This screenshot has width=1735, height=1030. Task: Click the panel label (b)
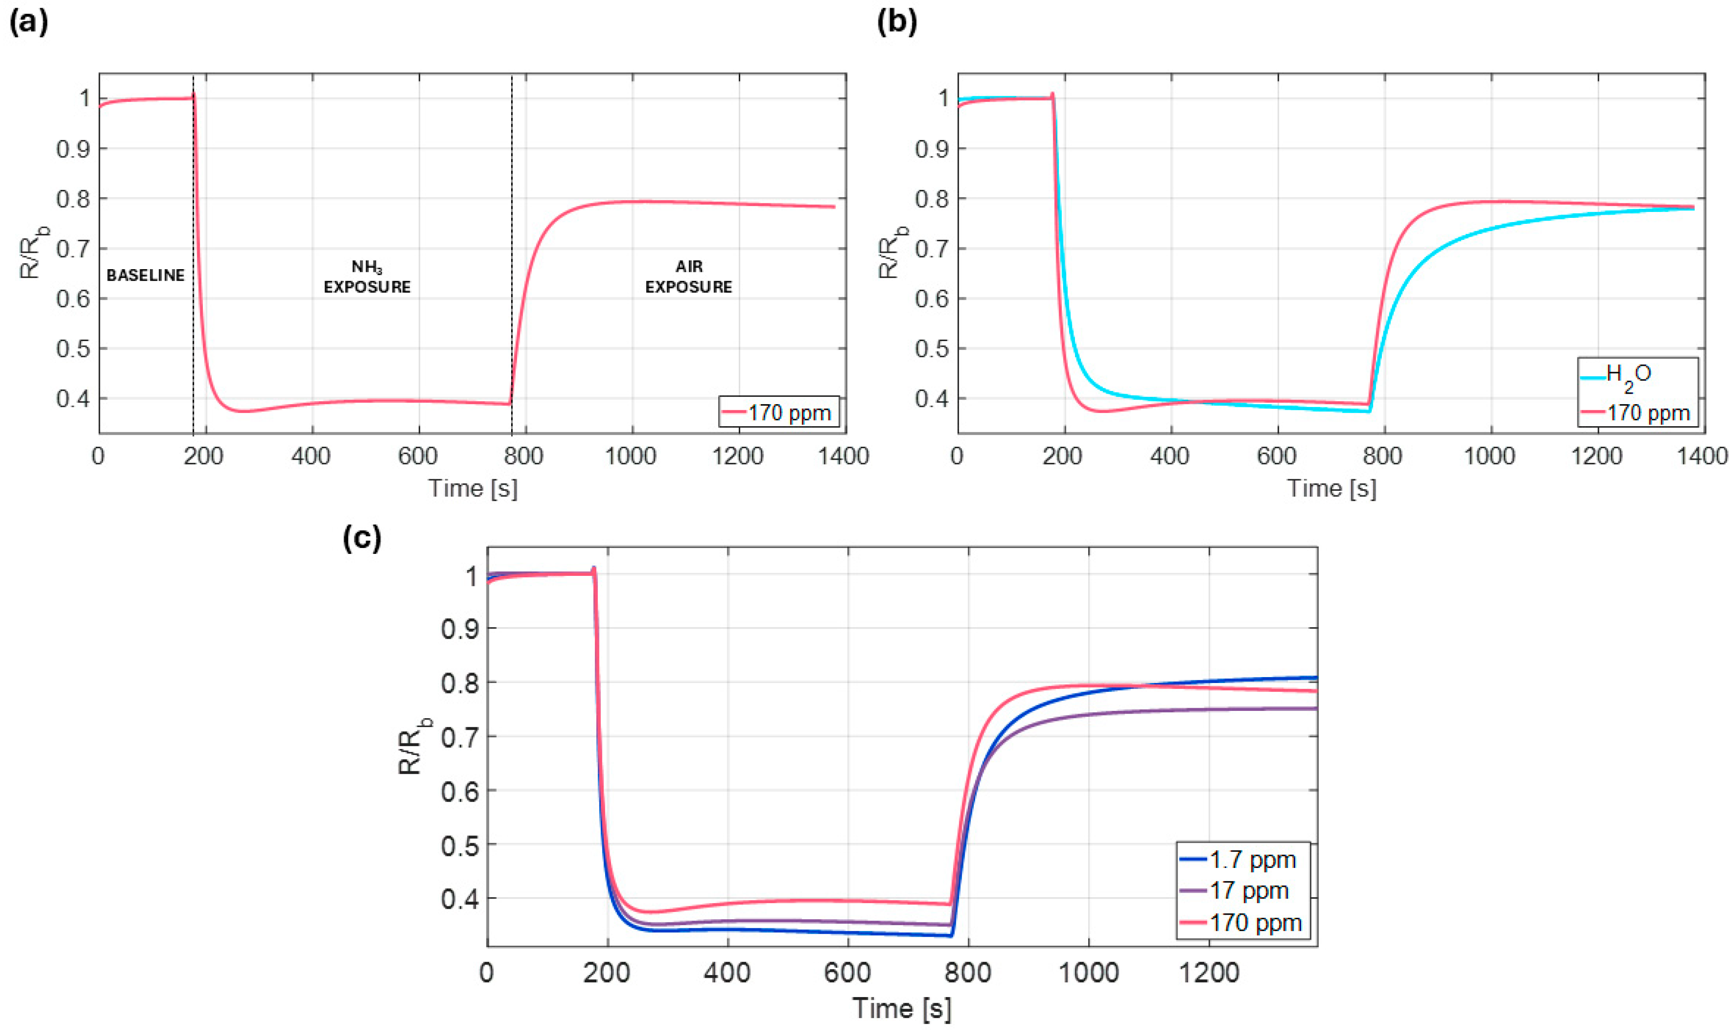click(897, 23)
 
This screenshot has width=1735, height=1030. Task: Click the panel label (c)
click(362, 539)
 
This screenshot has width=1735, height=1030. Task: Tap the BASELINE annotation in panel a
click(145, 276)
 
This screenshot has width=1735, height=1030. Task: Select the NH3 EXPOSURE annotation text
click(367, 277)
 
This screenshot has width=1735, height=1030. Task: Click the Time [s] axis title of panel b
click(1331, 488)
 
